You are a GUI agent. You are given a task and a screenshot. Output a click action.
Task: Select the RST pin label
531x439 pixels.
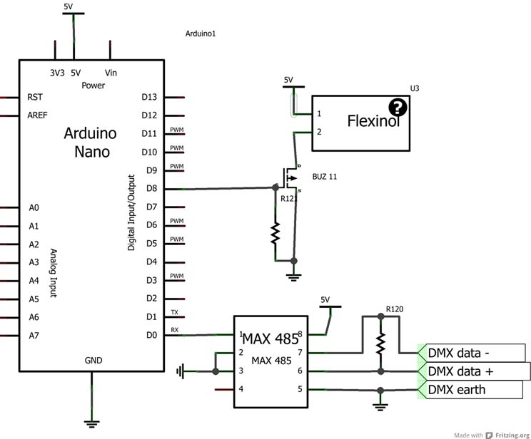(34, 96)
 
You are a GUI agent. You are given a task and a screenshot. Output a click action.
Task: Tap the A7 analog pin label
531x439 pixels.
(33, 335)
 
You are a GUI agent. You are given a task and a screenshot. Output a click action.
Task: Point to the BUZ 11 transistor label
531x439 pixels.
(325, 176)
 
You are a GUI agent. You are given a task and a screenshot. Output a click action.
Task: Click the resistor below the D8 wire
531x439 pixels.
(275, 231)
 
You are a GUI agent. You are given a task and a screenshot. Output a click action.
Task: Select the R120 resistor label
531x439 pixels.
(395, 309)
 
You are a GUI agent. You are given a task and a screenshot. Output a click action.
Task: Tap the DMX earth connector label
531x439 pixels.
(457, 390)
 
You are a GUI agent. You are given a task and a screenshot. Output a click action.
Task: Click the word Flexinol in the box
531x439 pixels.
(373, 121)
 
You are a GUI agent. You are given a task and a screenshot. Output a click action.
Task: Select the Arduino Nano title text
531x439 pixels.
(90, 142)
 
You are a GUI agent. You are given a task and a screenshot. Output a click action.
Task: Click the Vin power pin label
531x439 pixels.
(111, 72)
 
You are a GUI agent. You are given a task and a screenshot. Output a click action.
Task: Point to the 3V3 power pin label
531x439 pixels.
(56, 72)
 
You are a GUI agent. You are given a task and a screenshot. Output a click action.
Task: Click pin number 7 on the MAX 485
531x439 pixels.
(300, 353)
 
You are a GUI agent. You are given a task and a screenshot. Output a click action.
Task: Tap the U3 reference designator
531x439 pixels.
(415, 88)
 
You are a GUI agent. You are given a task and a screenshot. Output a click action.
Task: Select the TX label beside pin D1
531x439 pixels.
(175, 312)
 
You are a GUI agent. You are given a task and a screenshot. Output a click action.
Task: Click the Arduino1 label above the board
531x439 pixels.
(201, 33)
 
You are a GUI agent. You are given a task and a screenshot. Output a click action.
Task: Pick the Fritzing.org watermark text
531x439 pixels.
(507, 433)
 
